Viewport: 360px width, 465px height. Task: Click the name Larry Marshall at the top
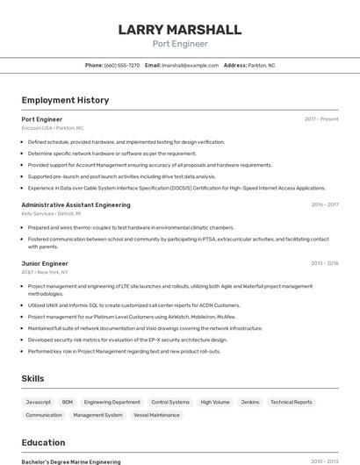click(180, 30)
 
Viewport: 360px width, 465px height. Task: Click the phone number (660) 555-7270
click(121, 65)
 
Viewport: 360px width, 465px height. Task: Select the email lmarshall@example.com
click(190, 65)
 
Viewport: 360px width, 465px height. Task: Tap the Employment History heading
click(65, 100)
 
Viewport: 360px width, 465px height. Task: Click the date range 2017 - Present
click(321, 118)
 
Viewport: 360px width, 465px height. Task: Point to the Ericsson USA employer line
click(53, 127)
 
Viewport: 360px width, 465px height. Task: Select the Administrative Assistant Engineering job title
click(76, 204)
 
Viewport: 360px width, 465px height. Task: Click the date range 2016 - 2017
click(324, 204)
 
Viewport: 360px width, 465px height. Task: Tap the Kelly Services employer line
click(51, 213)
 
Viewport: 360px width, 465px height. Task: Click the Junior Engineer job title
click(45, 263)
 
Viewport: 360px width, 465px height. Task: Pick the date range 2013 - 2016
click(324, 263)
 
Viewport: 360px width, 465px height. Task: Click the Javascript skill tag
click(39, 402)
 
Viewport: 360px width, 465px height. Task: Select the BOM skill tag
click(68, 402)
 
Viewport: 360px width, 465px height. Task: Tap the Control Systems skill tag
click(170, 402)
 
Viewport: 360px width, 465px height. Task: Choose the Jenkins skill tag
click(250, 402)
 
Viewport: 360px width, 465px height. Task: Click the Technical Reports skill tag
click(291, 402)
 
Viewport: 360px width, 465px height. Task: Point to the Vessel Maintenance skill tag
click(156, 415)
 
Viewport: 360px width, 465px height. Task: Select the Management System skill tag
click(97, 415)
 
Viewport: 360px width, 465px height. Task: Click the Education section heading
click(43, 442)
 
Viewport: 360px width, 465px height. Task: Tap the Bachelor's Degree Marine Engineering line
click(70, 461)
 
